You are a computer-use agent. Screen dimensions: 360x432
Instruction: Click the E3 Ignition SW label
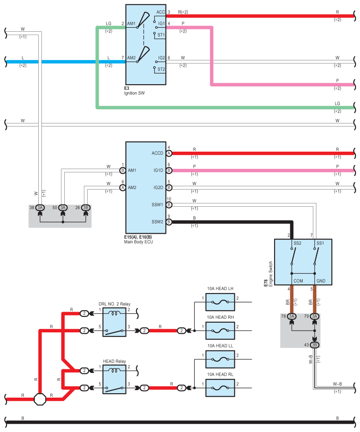134,91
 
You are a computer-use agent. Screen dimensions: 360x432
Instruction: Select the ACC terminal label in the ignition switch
160,12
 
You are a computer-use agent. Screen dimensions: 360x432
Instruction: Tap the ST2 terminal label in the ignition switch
161,69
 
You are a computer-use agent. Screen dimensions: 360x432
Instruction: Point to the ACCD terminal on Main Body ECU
157,153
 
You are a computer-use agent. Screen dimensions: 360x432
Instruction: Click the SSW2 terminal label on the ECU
157,222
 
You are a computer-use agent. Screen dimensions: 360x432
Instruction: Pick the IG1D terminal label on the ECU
158,170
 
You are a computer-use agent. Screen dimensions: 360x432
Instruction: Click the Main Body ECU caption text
138,242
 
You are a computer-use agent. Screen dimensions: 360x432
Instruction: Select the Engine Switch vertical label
271,274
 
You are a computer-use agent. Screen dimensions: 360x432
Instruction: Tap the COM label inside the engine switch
298,281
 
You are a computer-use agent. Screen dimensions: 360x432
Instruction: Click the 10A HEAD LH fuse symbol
220,302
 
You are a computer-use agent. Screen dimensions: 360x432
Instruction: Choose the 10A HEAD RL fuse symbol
220,388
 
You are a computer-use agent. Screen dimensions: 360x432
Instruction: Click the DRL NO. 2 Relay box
114,322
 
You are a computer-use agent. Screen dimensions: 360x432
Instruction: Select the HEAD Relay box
114,380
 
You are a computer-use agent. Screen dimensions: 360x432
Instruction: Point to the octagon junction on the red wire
40,399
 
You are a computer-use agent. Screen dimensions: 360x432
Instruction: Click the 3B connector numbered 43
315,345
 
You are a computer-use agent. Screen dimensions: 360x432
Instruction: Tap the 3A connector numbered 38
40,208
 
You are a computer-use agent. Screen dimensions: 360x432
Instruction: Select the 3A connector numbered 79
315,317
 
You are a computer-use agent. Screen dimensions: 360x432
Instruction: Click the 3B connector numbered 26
85,208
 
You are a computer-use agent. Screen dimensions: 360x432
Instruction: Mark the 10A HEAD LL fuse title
220,346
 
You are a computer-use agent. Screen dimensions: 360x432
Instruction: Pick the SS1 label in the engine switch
320,243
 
